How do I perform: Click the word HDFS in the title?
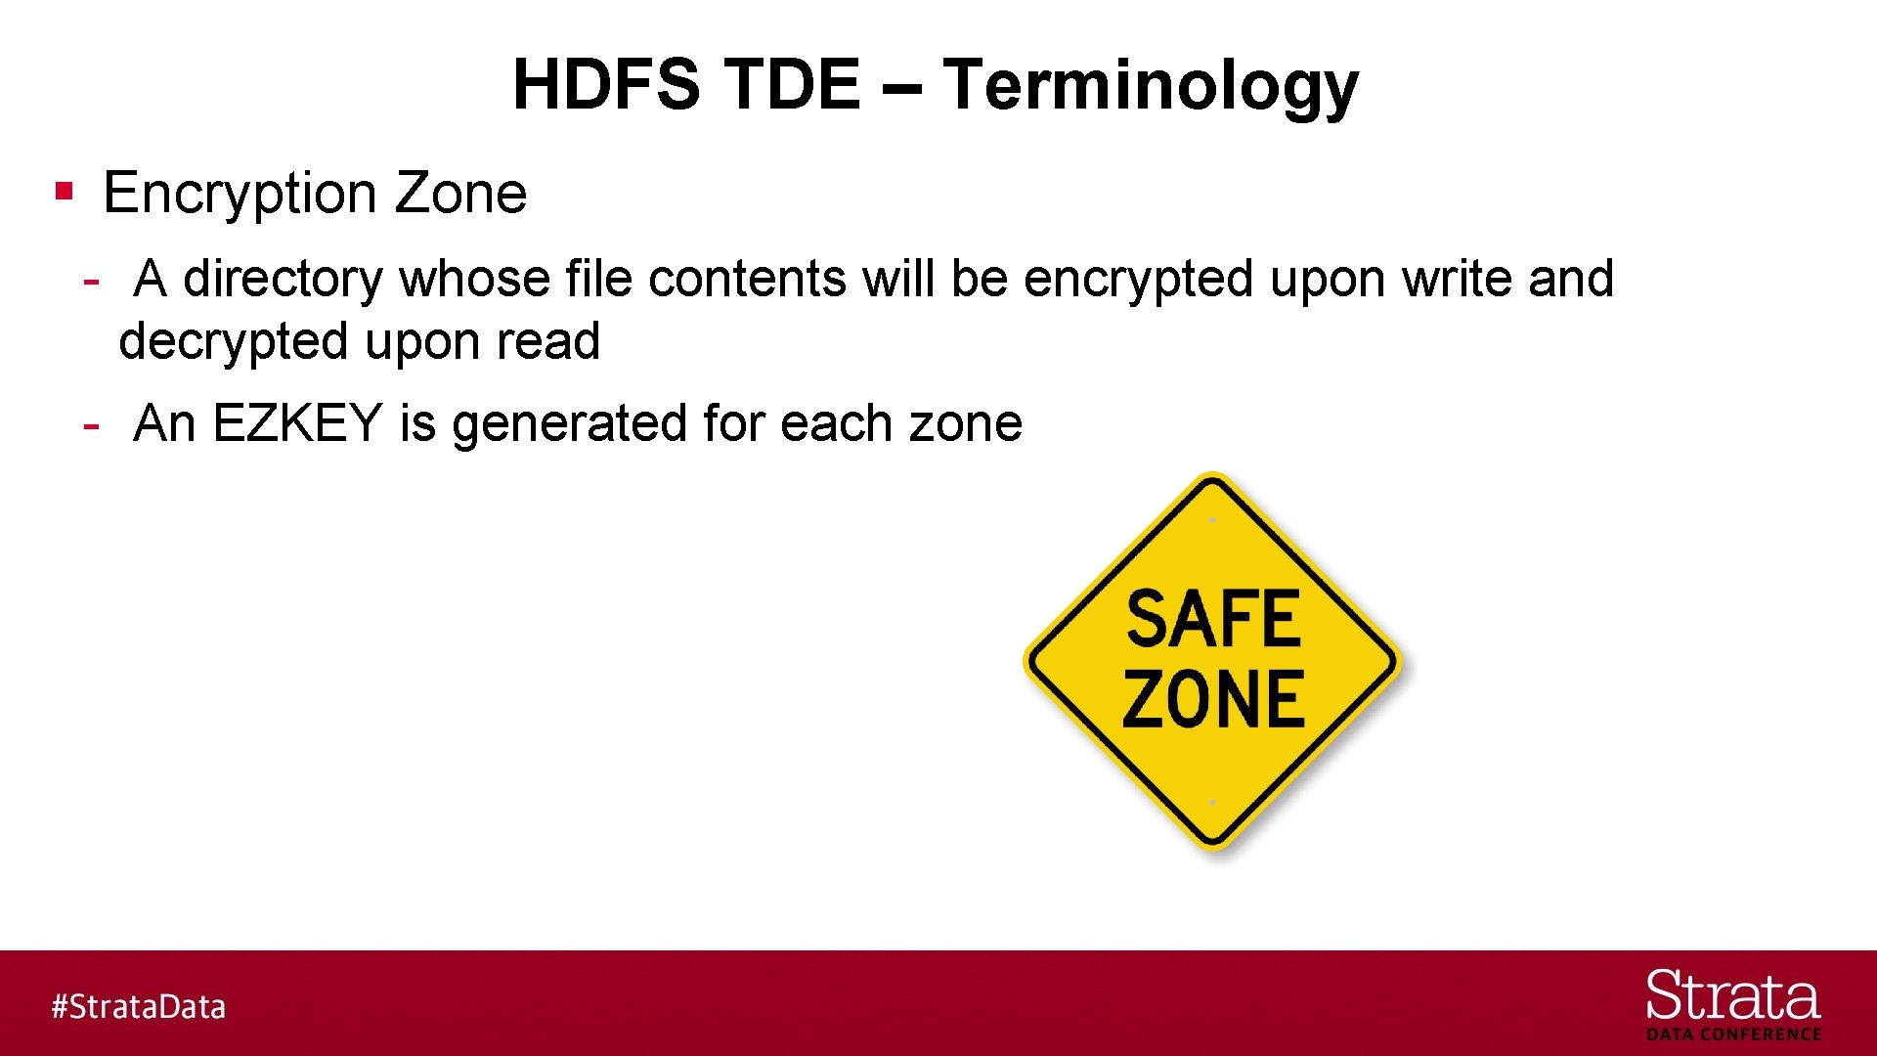(x=606, y=84)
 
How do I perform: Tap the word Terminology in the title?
(x=1151, y=86)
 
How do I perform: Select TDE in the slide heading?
(x=792, y=84)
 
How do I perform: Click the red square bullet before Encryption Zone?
(x=65, y=190)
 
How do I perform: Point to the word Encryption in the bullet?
(x=240, y=194)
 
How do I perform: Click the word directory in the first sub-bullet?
(x=283, y=280)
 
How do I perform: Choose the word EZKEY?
(x=296, y=423)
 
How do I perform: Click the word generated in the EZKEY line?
(x=570, y=424)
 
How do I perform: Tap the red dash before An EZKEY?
(x=91, y=425)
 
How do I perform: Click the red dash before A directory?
(x=91, y=282)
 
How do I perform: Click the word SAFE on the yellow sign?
(x=1213, y=619)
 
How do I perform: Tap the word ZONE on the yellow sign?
(x=1213, y=699)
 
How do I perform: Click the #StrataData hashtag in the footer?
(x=138, y=1006)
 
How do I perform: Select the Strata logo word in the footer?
(x=1732, y=997)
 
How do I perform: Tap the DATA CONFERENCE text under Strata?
(x=1733, y=1034)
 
